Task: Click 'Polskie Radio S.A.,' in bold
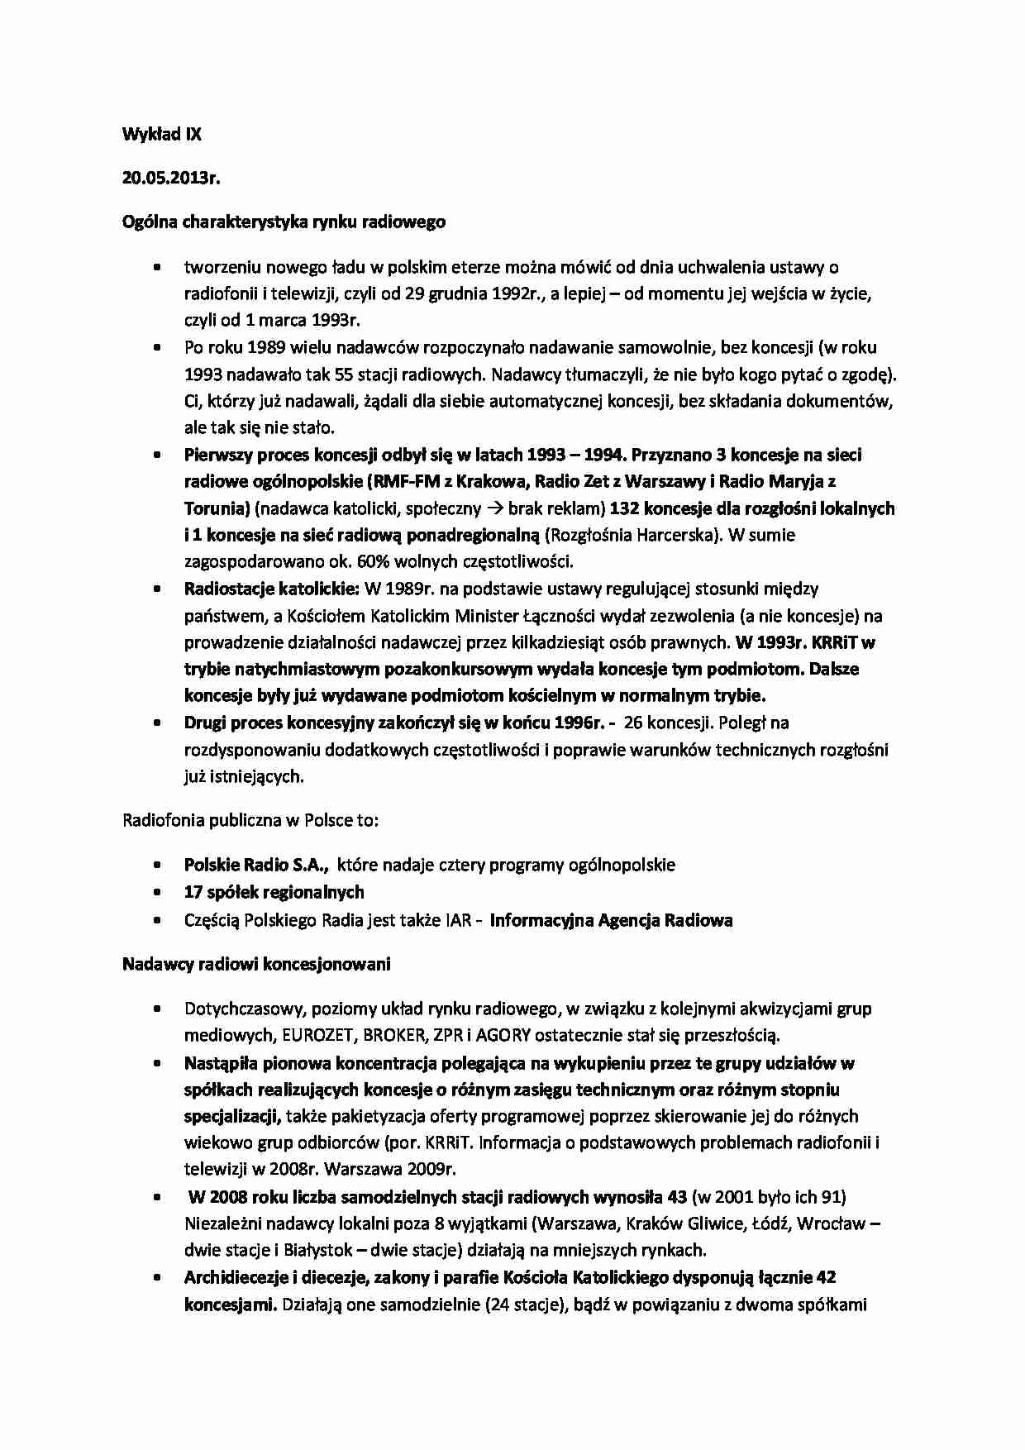(257, 865)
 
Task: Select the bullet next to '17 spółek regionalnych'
(157, 893)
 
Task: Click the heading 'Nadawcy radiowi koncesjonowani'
(256, 964)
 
